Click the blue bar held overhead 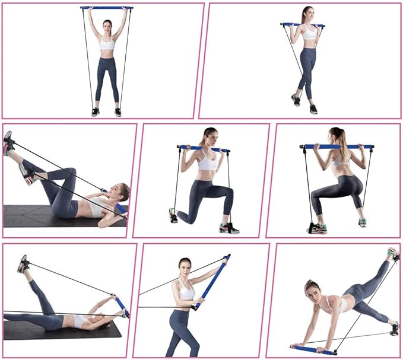click(107, 8)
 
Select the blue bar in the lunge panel click(202, 148)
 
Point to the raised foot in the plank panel click(392, 254)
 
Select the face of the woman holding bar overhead click(107, 26)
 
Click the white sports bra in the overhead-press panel click(107, 44)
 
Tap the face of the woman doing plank click(312, 291)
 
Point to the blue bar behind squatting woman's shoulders click(337, 146)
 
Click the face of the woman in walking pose click(306, 14)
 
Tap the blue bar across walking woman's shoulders click(303, 25)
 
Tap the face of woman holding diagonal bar click(185, 267)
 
